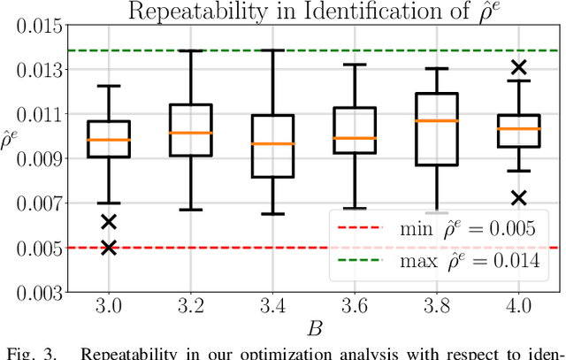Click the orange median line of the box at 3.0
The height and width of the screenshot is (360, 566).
point(109,140)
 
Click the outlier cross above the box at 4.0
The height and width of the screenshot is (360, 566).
point(519,66)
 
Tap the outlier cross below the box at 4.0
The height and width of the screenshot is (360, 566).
point(519,197)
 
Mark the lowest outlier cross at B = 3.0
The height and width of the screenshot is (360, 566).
point(109,248)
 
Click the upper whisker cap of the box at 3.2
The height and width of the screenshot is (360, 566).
point(191,50)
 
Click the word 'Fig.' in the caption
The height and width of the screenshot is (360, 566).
point(19,355)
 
